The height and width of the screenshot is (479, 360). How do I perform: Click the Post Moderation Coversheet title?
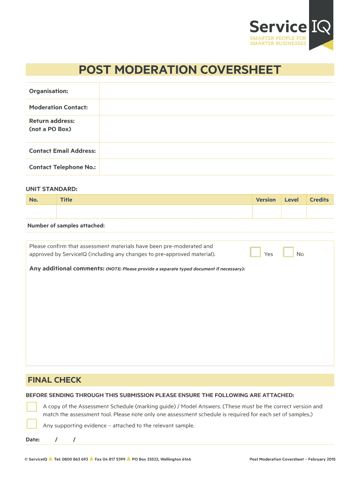click(180, 70)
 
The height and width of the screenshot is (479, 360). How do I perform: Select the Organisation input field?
click(216, 91)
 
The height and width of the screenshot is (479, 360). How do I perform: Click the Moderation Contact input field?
click(216, 107)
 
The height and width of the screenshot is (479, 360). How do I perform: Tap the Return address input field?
click(216, 129)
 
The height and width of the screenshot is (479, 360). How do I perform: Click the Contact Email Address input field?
click(216, 151)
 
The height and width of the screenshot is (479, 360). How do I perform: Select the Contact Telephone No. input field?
click(216, 167)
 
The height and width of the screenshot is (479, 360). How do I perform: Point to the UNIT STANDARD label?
click(51, 189)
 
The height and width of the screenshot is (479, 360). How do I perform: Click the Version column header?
click(266, 200)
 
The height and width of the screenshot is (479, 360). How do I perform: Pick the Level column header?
click(291, 200)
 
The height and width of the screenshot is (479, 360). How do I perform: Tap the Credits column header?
click(319, 200)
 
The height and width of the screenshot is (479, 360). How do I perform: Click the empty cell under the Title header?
click(154, 212)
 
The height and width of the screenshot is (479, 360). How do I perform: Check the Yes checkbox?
click(255, 252)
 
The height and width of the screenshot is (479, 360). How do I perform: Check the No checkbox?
click(288, 252)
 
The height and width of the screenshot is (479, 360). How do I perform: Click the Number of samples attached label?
click(66, 225)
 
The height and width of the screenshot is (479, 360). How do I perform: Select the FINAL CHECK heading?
click(54, 380)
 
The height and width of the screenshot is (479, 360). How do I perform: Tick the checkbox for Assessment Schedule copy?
click(31, 406)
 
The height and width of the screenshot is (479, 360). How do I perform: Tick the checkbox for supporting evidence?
click(31, 424)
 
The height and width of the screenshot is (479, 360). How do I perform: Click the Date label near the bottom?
click(33, 440)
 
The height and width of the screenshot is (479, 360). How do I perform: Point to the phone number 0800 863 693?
click(75, 459)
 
